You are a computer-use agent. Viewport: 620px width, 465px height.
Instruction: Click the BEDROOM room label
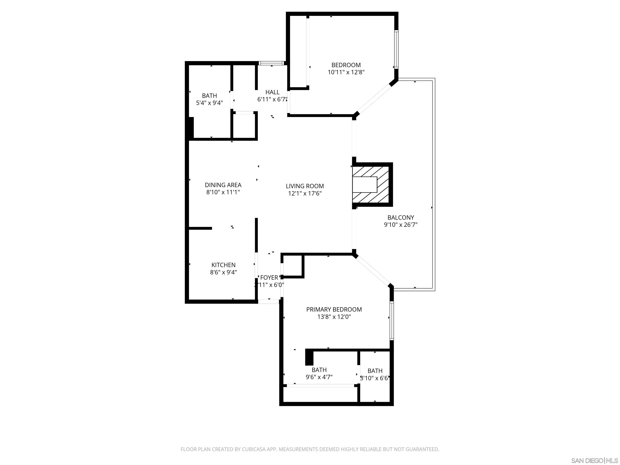pyautogui.click(x=346, y=65)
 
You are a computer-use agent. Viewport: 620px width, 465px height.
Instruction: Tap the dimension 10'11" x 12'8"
pyautogui.click(x=346, y=72)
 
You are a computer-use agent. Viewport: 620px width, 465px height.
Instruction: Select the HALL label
pyautogui.click(x=272, y=92)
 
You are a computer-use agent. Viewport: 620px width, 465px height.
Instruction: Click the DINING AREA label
pyautogui.click(x=223, y=185)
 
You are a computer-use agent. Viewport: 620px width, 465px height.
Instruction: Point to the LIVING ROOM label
pyautogui.click(x=305, y=186)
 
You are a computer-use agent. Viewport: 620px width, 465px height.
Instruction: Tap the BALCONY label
pyautogui.click(x=401, y=218)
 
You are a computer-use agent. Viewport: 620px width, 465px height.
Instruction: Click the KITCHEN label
pyautogui.click(x=223, y=265)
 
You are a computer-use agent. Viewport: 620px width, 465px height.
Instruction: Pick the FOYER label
pyautogui.click(x=269, y=278)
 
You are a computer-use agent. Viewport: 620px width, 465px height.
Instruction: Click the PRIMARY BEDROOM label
pyautogui.click(x=334, y=309)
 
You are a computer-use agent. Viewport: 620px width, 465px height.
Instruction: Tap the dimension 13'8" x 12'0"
pyautogui.click(x=334, y=317)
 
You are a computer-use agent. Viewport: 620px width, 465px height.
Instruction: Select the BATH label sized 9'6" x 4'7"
pyautogui.click(x=319, y=370)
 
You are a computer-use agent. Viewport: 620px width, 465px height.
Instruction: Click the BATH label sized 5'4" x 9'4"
pyautogui.click(x=209, y=96)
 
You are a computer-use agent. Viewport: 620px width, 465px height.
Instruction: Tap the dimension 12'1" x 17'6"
pyautogui.click(x=305, y=193)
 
